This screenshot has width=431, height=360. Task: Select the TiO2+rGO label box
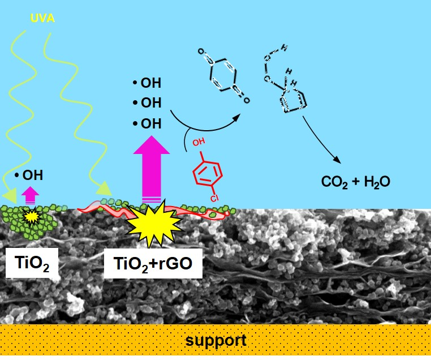click(153, 263)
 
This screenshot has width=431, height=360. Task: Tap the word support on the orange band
click(216, 341)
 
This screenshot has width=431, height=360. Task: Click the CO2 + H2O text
click(356, 182)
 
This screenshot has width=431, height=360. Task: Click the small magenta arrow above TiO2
click(30, 195)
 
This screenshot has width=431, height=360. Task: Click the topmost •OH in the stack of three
click(146, 84)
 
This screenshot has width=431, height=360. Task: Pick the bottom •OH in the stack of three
click(146, 123)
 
